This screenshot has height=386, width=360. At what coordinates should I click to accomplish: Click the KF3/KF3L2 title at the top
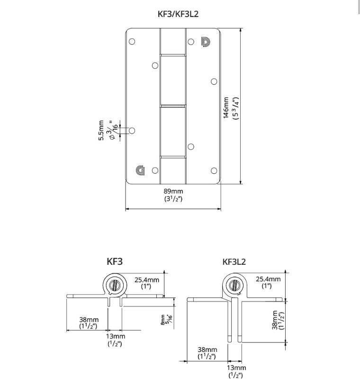(178, 14)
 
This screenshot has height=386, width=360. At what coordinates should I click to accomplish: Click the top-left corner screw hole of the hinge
(132, 41)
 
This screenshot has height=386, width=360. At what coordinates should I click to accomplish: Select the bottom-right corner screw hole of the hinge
(214, 171)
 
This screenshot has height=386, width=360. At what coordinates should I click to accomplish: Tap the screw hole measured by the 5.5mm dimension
(132, 130)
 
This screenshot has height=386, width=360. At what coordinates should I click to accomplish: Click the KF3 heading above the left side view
(115, 260)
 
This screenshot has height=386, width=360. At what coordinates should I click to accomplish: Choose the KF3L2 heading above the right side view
(234, 261)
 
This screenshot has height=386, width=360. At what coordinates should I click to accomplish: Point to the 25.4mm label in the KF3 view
(146, 283)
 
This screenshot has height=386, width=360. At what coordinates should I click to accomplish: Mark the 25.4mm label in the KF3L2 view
(268, 282)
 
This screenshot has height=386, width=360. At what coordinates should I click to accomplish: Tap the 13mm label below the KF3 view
(115, 340)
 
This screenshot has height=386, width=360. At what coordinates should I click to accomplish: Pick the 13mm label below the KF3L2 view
(236, 371)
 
